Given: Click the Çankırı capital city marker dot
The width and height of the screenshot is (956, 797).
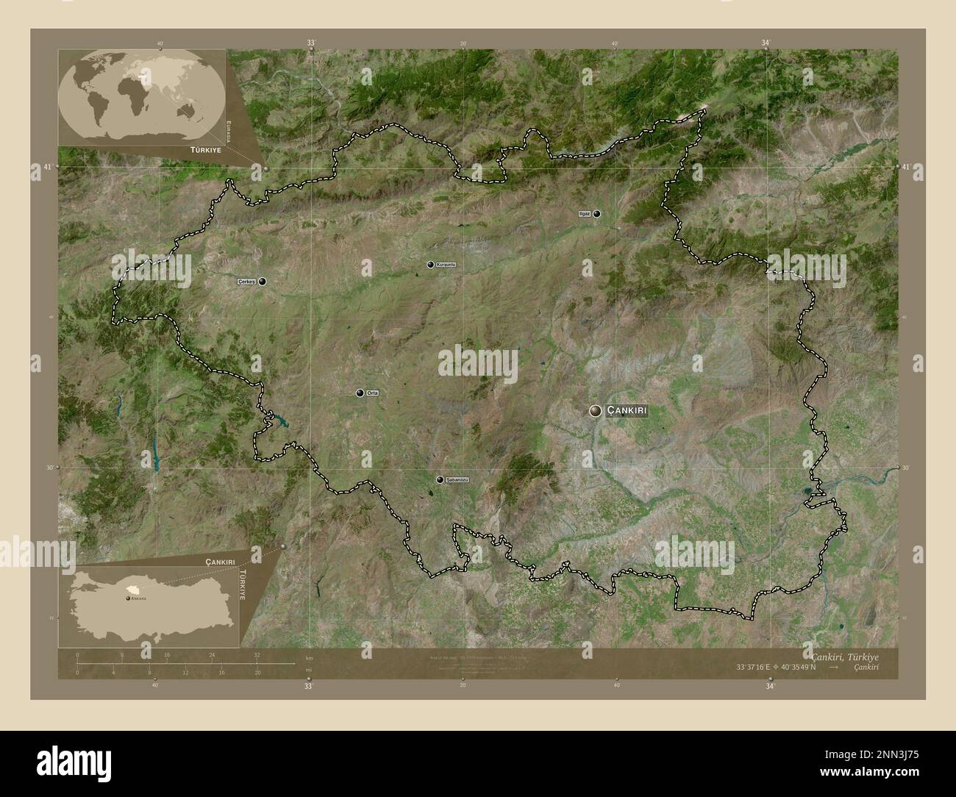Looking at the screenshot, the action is (595, 411).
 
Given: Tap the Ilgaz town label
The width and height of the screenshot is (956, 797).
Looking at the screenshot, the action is (585, 214).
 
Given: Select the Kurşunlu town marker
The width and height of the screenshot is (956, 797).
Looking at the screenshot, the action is (430, 265).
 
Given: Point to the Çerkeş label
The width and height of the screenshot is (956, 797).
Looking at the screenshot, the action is (246, 281).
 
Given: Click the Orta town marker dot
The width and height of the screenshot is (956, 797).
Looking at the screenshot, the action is (360, 393).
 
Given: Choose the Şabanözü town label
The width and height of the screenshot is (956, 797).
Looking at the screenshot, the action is (457, 479).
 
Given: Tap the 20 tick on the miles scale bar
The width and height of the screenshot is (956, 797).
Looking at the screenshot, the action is (257, 672).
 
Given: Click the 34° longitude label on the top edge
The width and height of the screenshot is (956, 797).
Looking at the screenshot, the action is (766, 43).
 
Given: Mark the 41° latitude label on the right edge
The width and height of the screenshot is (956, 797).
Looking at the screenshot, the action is (907, 168).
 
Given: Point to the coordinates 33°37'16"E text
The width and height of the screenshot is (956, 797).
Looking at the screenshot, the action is (760, 667).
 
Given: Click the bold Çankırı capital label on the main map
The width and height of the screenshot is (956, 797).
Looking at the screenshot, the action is (627, 411).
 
